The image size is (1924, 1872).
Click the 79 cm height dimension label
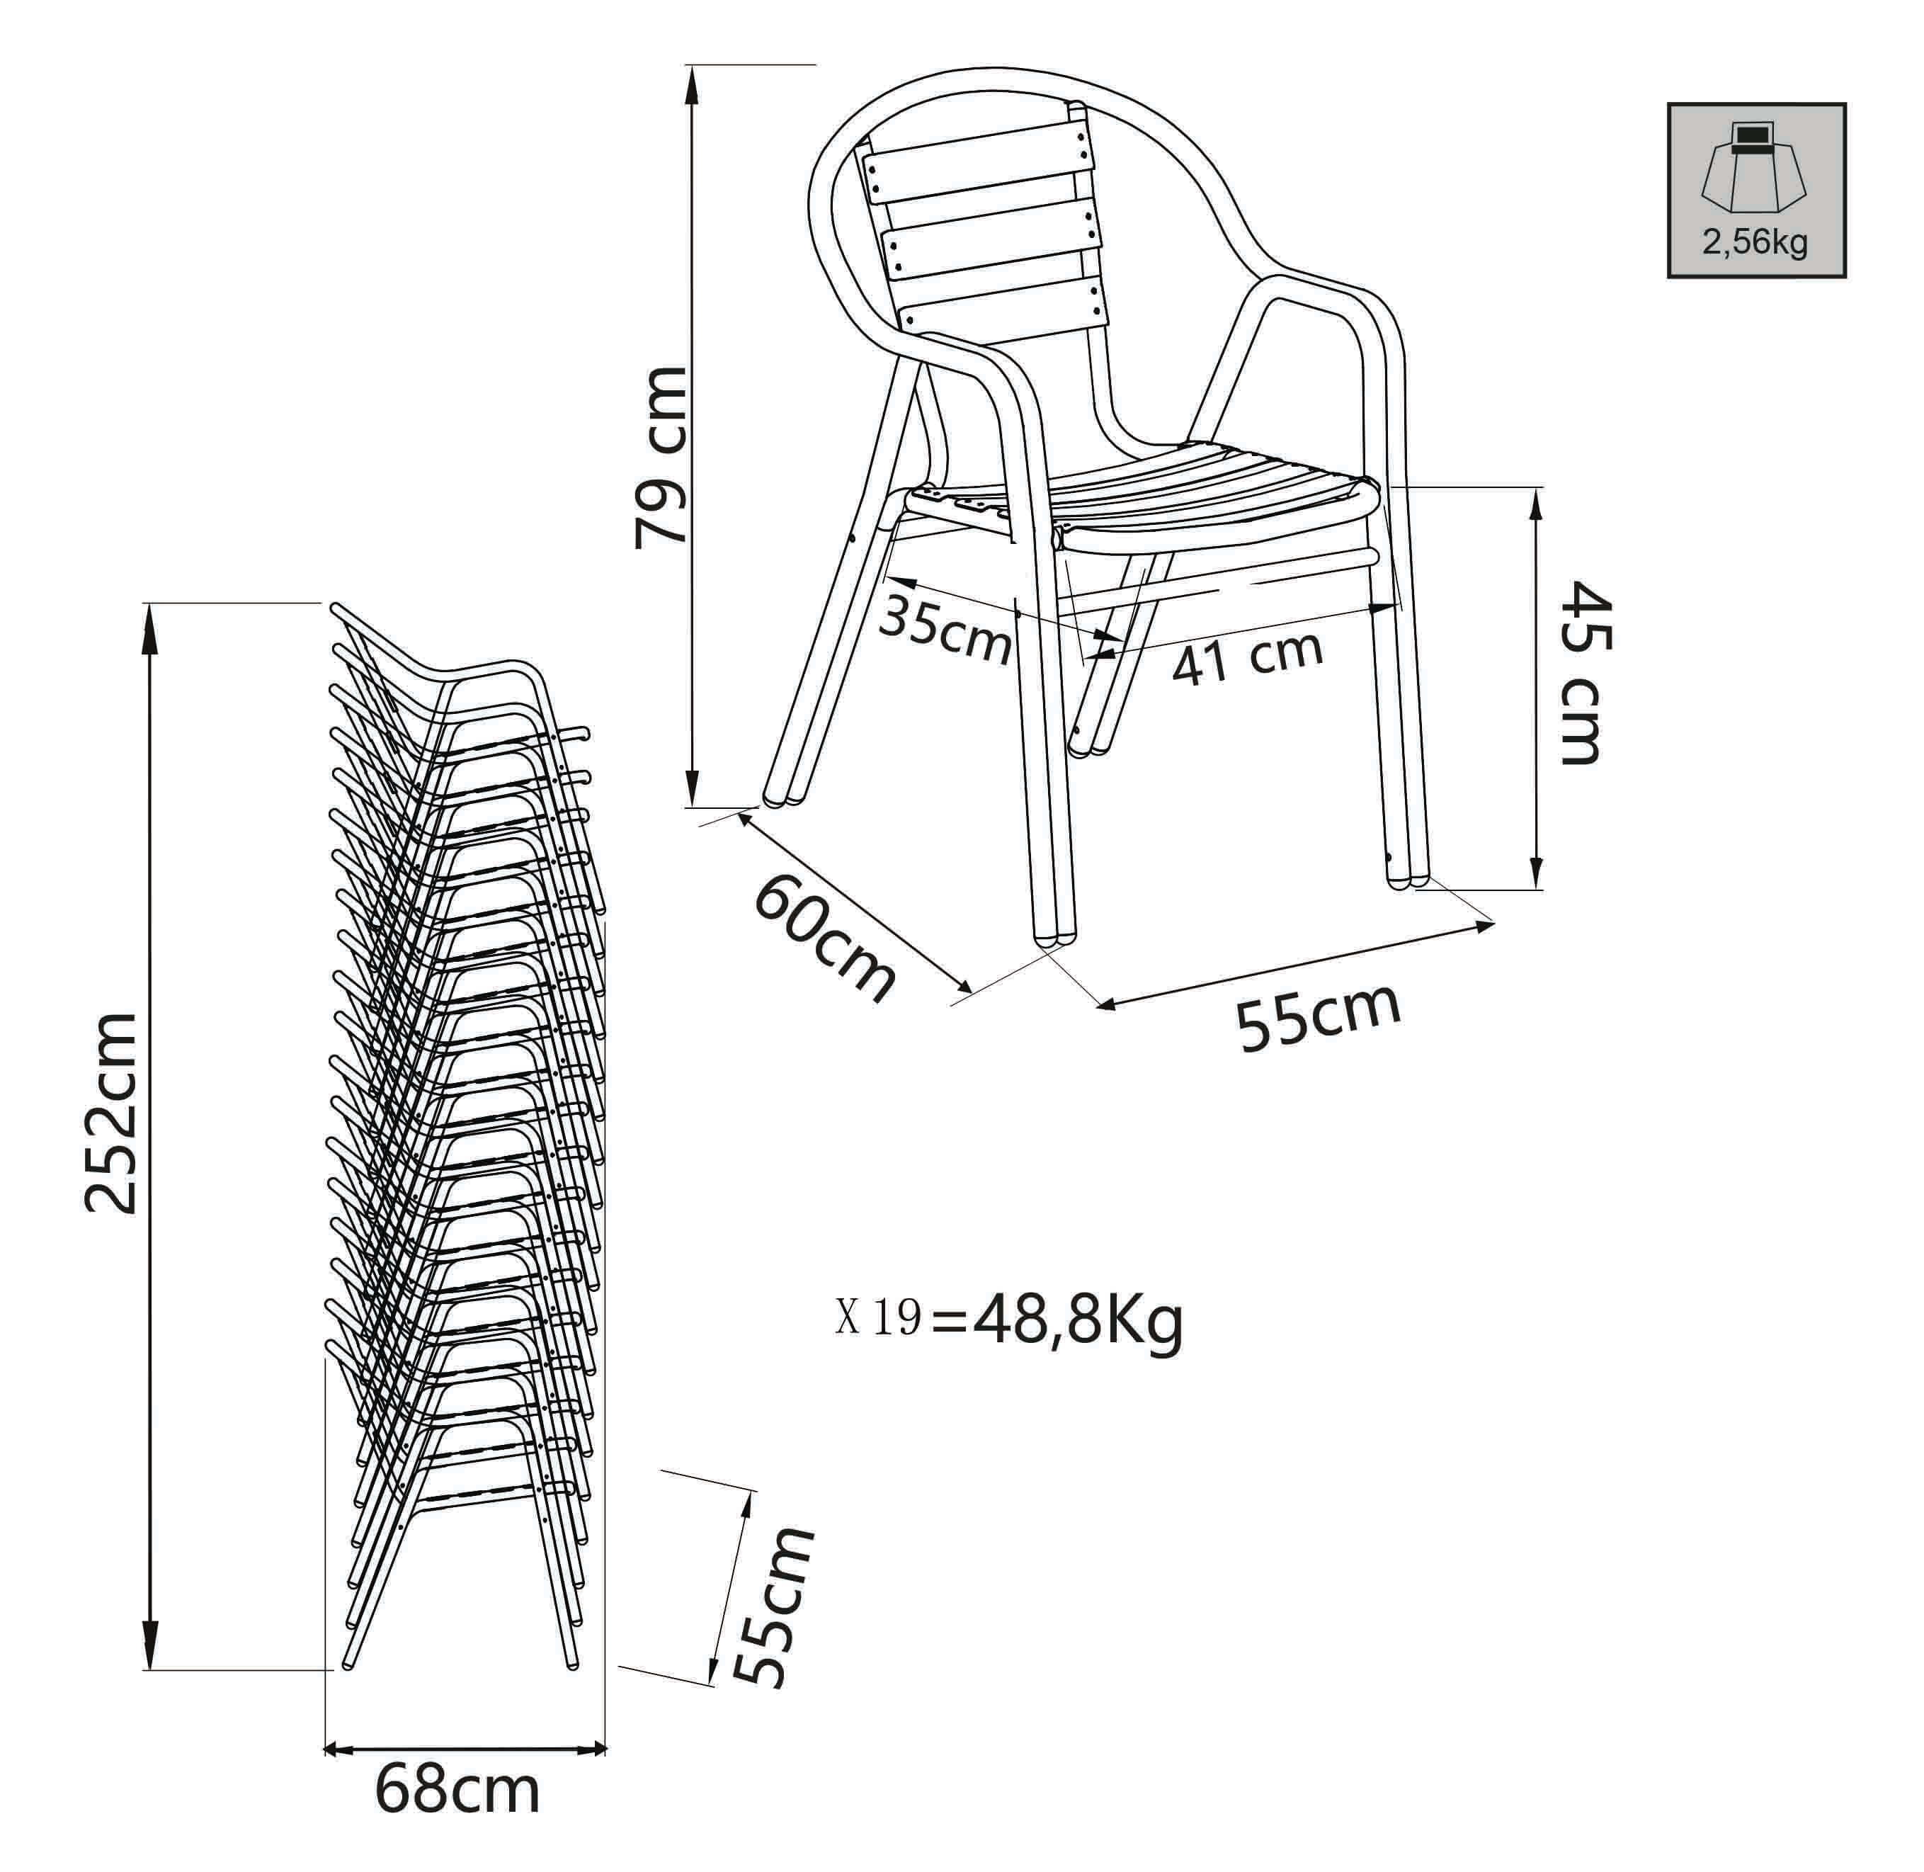pyautogui.click(x=660, y=456)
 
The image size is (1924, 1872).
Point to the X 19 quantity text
pyautogui.click(x=878, y=1317)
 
